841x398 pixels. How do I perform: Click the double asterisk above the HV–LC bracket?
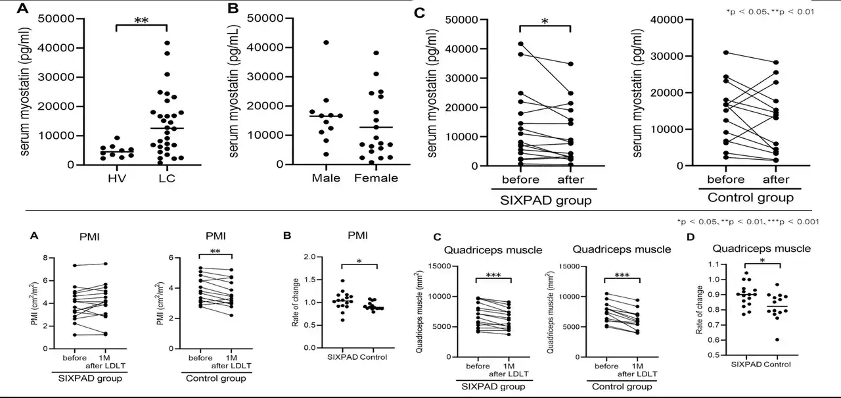pos(141,21)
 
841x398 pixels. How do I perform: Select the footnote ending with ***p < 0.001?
pos(747,222)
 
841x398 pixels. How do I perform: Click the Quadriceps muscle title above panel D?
pos(761,249)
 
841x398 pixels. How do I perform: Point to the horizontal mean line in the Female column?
pos(376,127)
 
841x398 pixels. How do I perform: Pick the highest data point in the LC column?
pos(168,43)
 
